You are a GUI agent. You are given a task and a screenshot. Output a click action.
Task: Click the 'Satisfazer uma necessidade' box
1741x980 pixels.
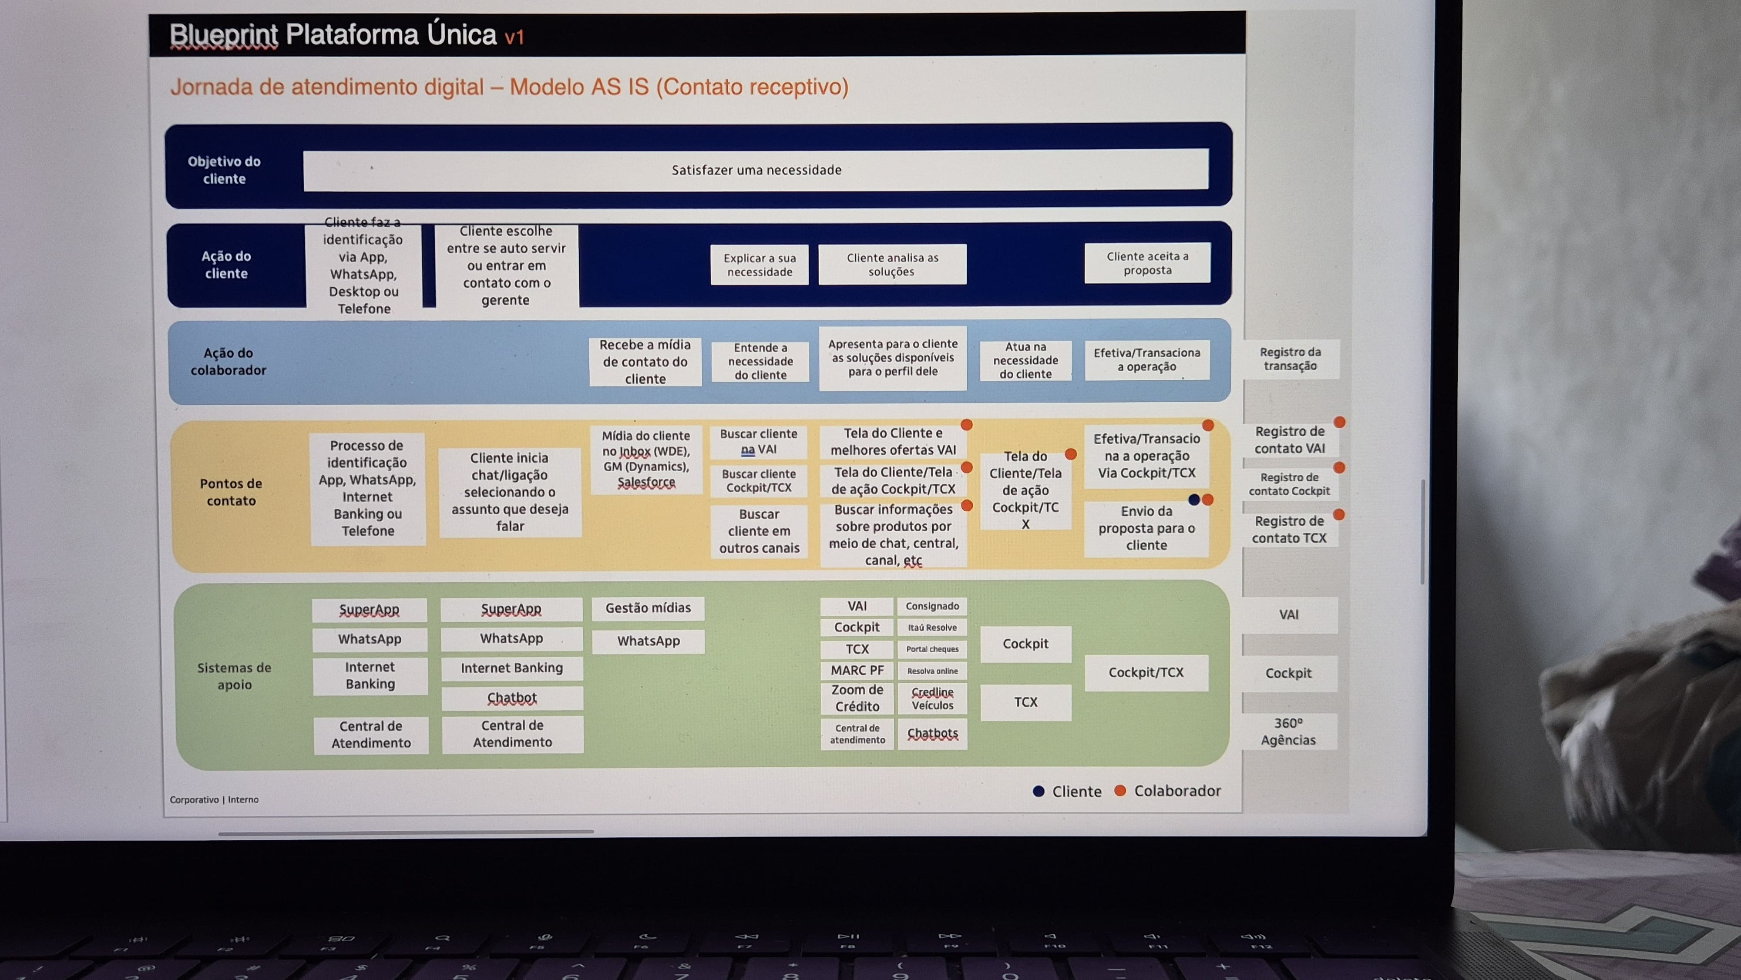coord(756,170)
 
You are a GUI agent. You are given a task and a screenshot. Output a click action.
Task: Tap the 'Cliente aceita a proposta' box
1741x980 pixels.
coord(1147,263)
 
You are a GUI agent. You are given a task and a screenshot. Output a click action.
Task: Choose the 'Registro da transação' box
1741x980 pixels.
coord(1290,359)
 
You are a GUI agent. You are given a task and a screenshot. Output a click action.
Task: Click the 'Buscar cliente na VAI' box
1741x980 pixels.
coord(758,441)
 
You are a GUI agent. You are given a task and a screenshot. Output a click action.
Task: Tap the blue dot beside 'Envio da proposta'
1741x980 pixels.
coord(1193,500)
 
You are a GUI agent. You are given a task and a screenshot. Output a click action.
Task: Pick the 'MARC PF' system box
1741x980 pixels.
coord(857,671)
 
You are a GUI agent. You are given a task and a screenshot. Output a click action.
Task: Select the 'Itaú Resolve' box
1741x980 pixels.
coord(932,627)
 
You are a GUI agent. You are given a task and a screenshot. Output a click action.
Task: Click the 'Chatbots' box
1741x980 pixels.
coord(932,733)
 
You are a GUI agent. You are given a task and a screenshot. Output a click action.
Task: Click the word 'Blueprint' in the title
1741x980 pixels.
coord(223,35)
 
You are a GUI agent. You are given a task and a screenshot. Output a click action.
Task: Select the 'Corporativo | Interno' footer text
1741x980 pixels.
coord(214,799)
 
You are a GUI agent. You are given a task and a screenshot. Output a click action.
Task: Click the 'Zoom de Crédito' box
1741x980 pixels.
coord(857,698)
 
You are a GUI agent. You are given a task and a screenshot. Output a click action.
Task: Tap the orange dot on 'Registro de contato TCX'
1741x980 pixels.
coord(1338,515)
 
